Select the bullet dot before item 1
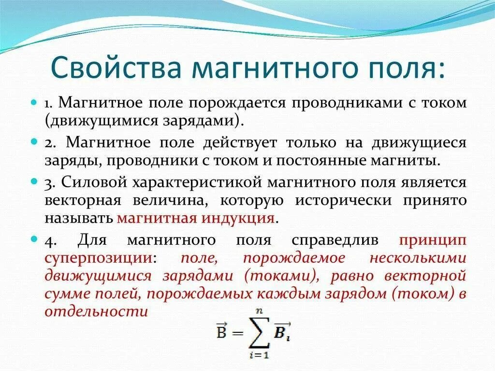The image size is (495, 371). point(34,104)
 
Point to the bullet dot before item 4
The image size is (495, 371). point(34,239)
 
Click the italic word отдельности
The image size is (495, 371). point(96,311)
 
